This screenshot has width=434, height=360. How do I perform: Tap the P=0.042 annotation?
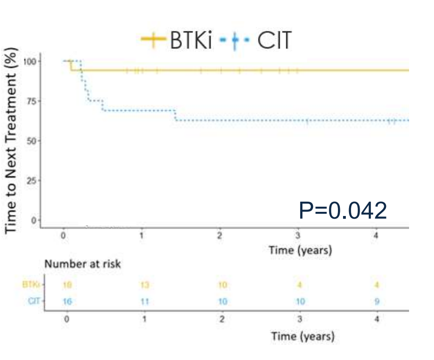(x=343, y=210)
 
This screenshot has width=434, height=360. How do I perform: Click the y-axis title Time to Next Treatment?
(x=11, y=141)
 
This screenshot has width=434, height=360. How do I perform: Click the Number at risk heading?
(x=82, y=264)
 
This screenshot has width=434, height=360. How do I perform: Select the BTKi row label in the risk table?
(x=30, y=285)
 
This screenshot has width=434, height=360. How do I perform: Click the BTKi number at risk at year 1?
(x=145, y=285)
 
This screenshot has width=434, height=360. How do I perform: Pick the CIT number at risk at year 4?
(x=377, y=302)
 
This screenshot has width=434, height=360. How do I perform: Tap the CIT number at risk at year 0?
(x=67, y=302)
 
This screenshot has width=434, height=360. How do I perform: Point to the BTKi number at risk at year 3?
(x=299, y=285)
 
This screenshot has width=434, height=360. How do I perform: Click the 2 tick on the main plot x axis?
(x=220, y=236)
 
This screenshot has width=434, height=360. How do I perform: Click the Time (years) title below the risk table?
(x=302, y=336)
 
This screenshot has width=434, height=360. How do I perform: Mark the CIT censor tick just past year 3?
(x=307, y=120)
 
